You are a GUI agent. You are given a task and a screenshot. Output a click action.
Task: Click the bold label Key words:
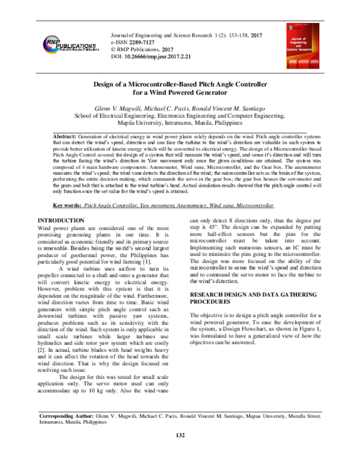pyautogui.click(x=65, y=205)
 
